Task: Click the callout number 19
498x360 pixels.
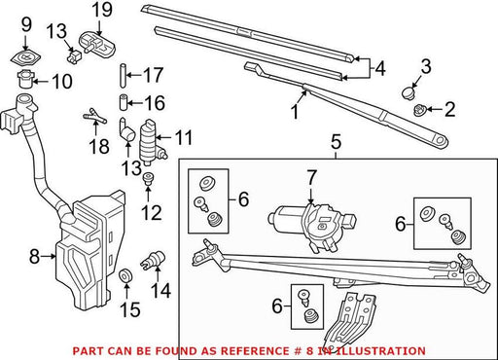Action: point(102,10)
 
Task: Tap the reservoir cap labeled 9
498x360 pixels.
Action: point(26,58)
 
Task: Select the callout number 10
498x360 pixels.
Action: point(61,81)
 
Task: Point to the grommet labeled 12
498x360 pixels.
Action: point(148,179)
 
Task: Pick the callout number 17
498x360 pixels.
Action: point(153,75)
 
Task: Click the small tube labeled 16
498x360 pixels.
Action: point(123,103)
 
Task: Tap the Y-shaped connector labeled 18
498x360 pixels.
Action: point(95,116)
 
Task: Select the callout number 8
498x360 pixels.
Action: point(34,257)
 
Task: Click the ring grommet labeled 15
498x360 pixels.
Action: point(125,276)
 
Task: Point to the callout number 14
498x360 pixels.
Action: point(161,291)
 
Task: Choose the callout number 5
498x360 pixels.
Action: point(336,143)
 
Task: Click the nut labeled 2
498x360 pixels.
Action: point(420,110)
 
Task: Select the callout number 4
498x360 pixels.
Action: point(379,69)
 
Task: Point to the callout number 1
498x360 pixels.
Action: point(295,112)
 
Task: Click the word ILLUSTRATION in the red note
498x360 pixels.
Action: point(377,351)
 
